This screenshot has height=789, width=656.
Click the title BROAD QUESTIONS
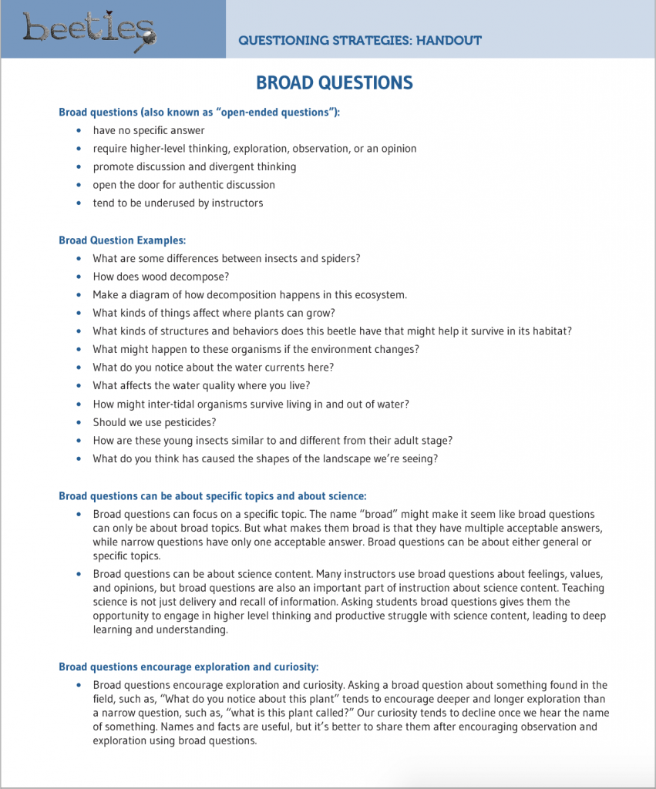(x=334, y=83)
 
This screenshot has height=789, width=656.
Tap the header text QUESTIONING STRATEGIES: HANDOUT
(x=360, y=40)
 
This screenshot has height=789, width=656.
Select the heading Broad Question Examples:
(x=123, y=240)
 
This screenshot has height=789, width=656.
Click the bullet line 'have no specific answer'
(x=149, y=130)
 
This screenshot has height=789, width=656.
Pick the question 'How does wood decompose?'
(x=161, y=277)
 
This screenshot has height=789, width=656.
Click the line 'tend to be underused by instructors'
(x=178, y=203)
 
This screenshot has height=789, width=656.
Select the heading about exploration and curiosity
(x=189, y=666)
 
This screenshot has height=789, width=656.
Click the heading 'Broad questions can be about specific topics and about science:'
(x=213, y=496)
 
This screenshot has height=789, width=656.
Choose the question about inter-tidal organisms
(x=251, y=405)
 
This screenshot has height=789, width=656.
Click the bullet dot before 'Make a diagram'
(x=79, y=295)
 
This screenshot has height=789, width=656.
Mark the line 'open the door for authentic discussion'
(x=184, y=185)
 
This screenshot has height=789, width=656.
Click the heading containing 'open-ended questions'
(x=200, y=112)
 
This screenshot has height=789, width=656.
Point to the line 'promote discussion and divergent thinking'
(x=194, y=166)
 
